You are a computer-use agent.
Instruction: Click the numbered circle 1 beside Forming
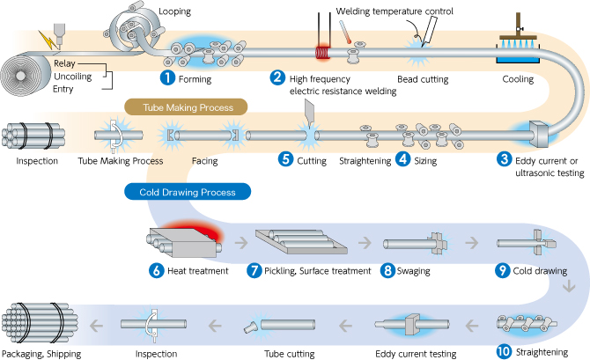[165, 77]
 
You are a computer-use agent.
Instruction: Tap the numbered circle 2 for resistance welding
[277, 77]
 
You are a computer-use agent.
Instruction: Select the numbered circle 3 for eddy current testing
[504, 159]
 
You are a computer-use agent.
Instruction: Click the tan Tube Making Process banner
[184, 107]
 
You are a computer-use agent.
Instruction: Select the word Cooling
[517, 78]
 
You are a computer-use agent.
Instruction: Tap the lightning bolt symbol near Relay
[45, 40]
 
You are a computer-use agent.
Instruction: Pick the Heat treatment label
[198, 271]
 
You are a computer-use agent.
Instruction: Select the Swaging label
[413, 271]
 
